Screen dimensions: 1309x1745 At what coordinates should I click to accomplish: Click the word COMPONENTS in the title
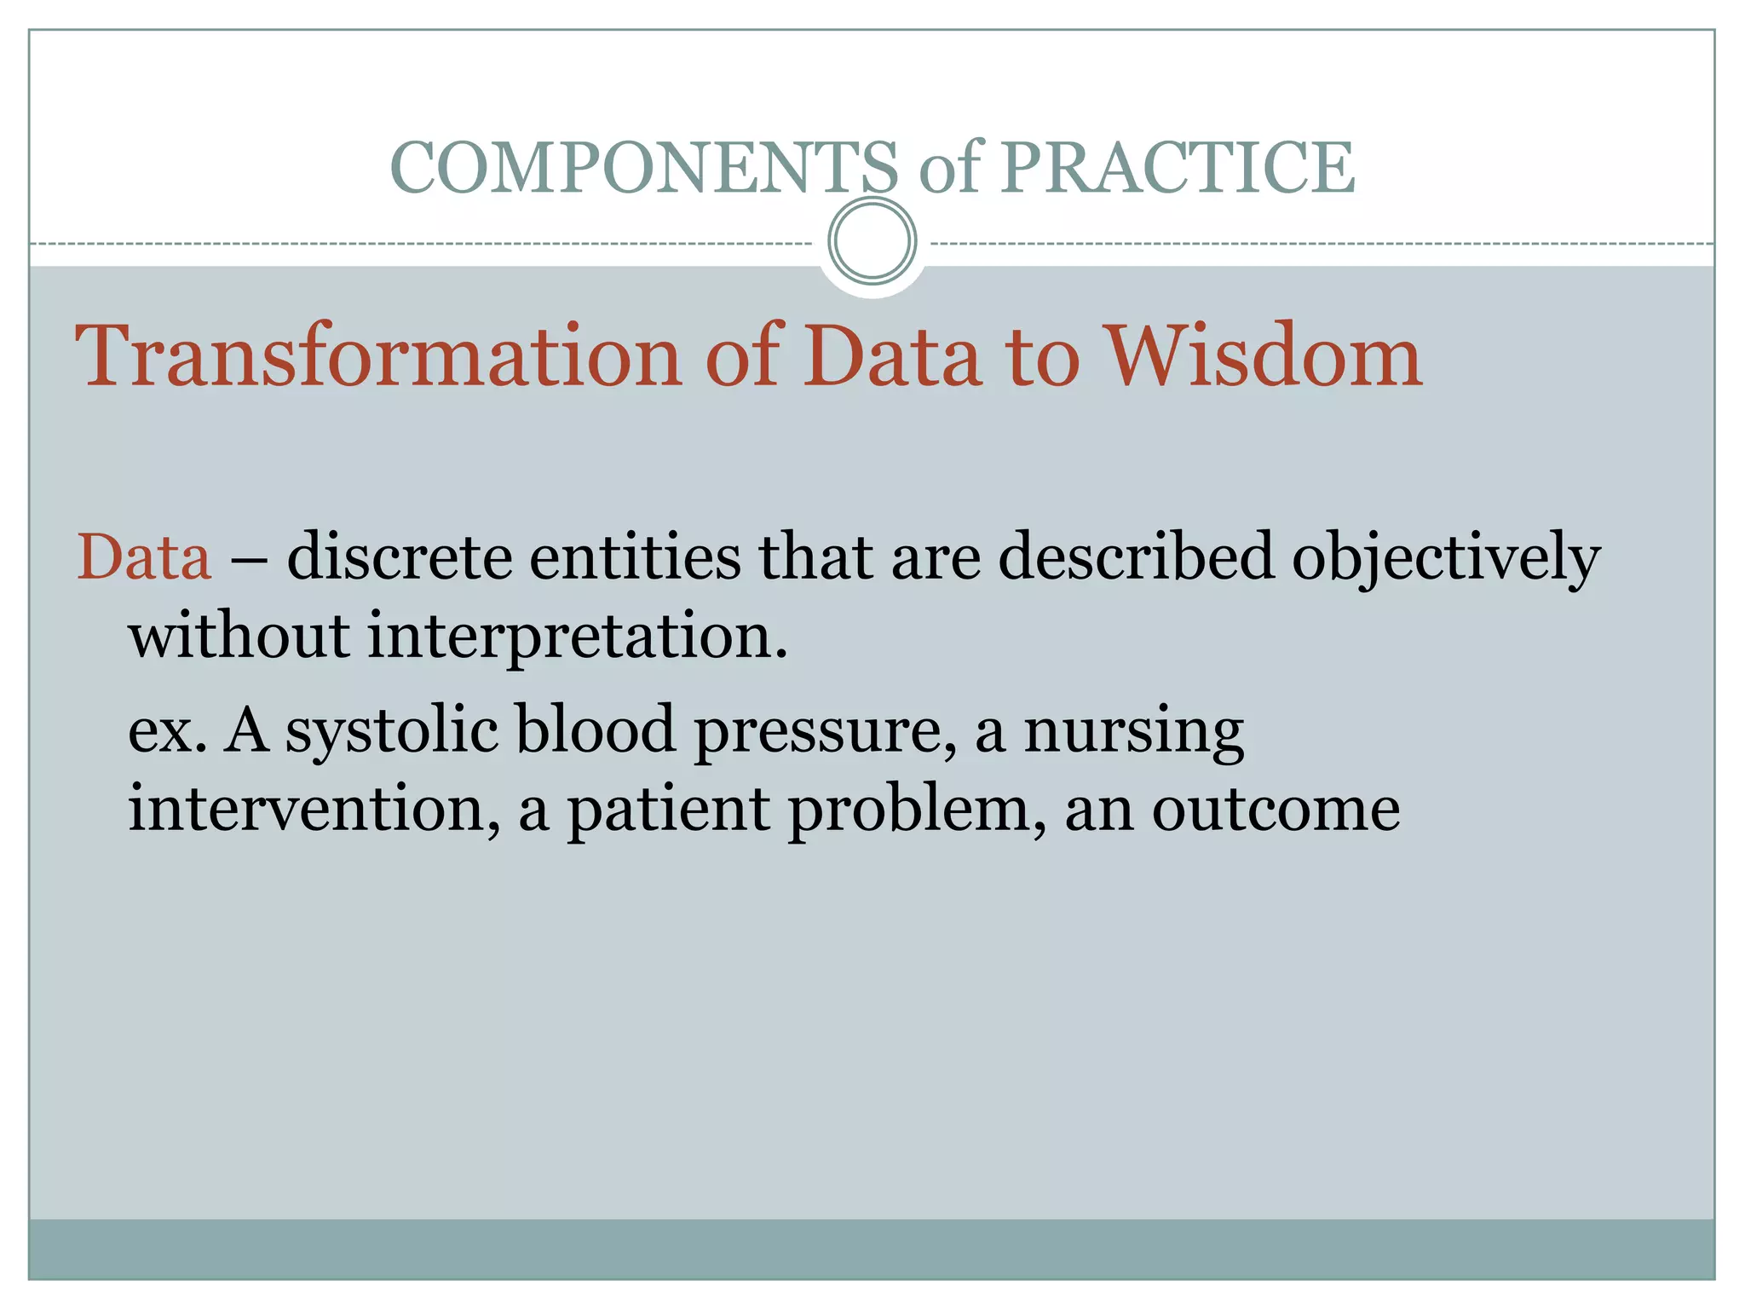[x=643, y=168]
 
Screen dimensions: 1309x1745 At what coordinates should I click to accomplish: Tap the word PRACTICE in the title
[x=1177, y=168]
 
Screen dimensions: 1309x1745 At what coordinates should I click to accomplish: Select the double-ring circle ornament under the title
[x=872, y=241]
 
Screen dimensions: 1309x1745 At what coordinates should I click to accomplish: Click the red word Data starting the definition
[x=144, y=557]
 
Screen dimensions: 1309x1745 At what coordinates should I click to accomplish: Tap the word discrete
[x=400, y=557]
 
